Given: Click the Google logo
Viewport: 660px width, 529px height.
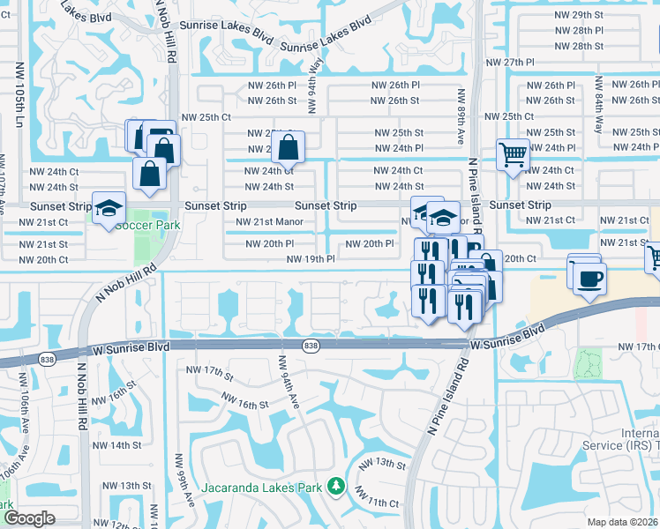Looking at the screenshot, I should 28,518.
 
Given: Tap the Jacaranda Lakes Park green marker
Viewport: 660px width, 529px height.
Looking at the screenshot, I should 335,486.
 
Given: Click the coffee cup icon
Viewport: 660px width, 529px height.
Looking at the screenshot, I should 589,280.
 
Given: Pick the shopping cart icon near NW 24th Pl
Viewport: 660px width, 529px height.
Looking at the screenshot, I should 512,155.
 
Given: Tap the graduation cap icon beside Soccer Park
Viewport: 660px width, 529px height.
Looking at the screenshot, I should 109,210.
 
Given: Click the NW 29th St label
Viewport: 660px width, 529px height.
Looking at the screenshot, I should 580,17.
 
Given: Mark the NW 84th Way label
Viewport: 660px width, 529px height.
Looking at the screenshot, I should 598,104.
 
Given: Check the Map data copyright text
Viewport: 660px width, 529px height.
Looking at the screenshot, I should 622,522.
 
